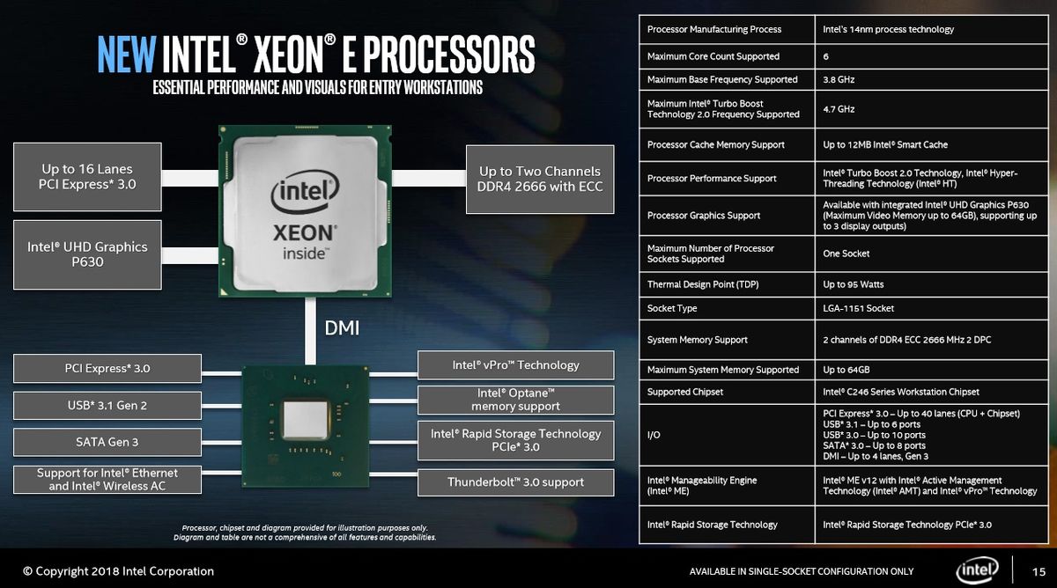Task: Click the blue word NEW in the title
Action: pos(127,55)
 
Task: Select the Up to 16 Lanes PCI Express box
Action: pos(87,177)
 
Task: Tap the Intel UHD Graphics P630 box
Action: pos(87,254)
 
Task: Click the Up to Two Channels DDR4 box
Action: pos(540,180)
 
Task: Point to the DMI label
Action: pos(342,327)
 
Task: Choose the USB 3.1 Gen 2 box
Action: pos(107,406)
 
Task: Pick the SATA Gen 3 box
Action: pos(107,442)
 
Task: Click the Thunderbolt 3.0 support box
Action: pos(516,482)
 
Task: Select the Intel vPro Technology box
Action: pos(516,365)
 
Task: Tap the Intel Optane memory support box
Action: pos(516,400)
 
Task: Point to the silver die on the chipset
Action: pos(306,420)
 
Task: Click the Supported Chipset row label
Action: pos(684,392)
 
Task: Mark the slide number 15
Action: pos(1039,572)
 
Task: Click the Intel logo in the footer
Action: pos(977,570)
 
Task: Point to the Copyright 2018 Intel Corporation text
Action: pos(118,571)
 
